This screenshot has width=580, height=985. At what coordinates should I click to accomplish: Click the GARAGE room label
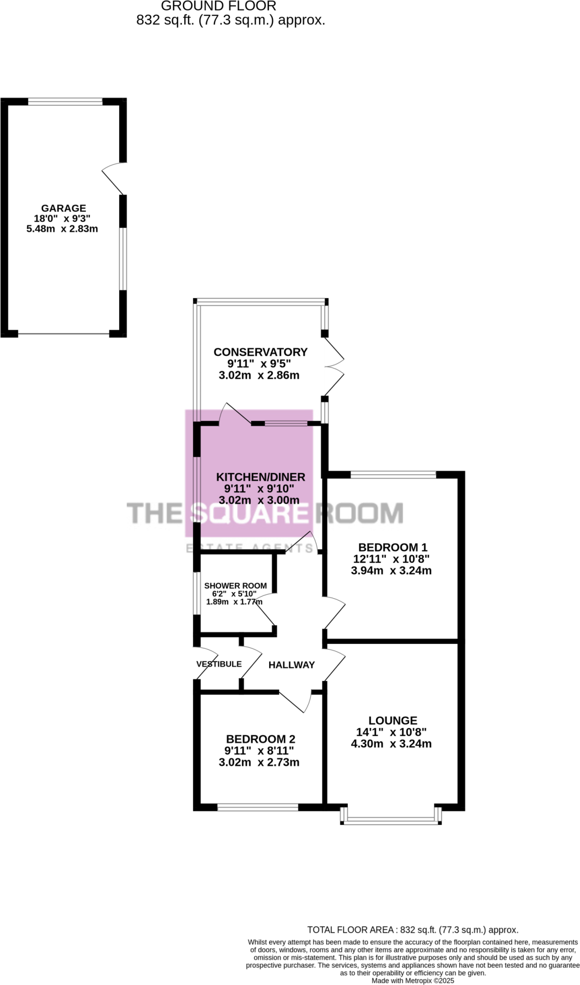click(63, 208)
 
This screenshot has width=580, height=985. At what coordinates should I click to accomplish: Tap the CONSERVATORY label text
click(260, 352)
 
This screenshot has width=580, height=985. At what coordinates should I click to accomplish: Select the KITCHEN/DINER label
click(260, 477)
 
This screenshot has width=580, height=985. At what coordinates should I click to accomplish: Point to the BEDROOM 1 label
click(393, 547)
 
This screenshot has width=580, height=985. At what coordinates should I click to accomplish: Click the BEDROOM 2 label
click(260, 739)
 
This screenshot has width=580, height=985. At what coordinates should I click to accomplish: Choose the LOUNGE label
click(393, 720)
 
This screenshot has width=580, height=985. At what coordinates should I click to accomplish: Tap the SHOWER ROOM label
click(235, 586)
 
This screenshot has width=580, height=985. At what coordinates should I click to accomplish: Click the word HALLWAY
click(291, 665)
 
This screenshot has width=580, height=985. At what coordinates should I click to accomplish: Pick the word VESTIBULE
click(219, 664)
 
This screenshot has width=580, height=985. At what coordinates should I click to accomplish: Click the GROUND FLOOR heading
click(218, 6)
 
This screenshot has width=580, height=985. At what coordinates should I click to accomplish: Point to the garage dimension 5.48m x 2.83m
click(62, 229)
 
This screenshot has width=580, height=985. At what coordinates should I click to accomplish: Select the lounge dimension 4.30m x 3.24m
click(391, 744)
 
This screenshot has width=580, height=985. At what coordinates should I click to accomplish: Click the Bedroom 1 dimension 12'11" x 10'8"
click(391, 559)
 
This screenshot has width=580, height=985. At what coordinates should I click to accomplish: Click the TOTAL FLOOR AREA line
click(413, 930)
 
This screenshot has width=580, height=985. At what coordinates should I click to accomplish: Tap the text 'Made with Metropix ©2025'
click(413, 980)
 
